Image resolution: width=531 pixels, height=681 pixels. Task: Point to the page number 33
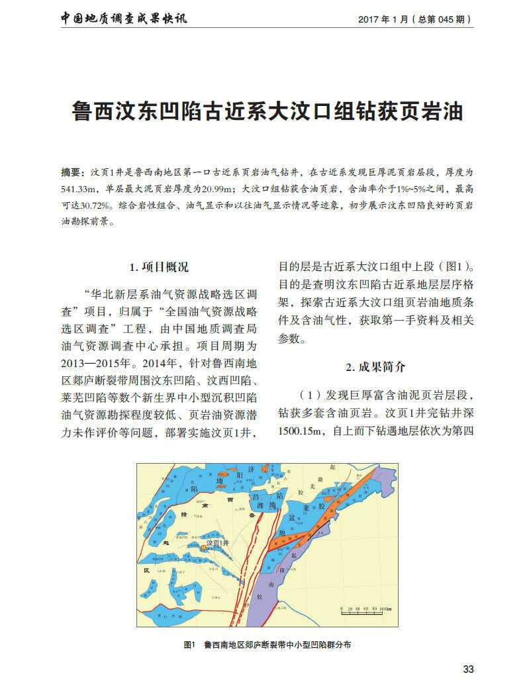(468, 669)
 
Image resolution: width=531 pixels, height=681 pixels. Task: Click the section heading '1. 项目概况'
(158, 268)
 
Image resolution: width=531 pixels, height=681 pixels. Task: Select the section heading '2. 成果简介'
(375, 367)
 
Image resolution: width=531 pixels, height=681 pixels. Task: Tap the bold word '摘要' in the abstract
(71, 172)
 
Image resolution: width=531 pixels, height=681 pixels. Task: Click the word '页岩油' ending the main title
(430, 111)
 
